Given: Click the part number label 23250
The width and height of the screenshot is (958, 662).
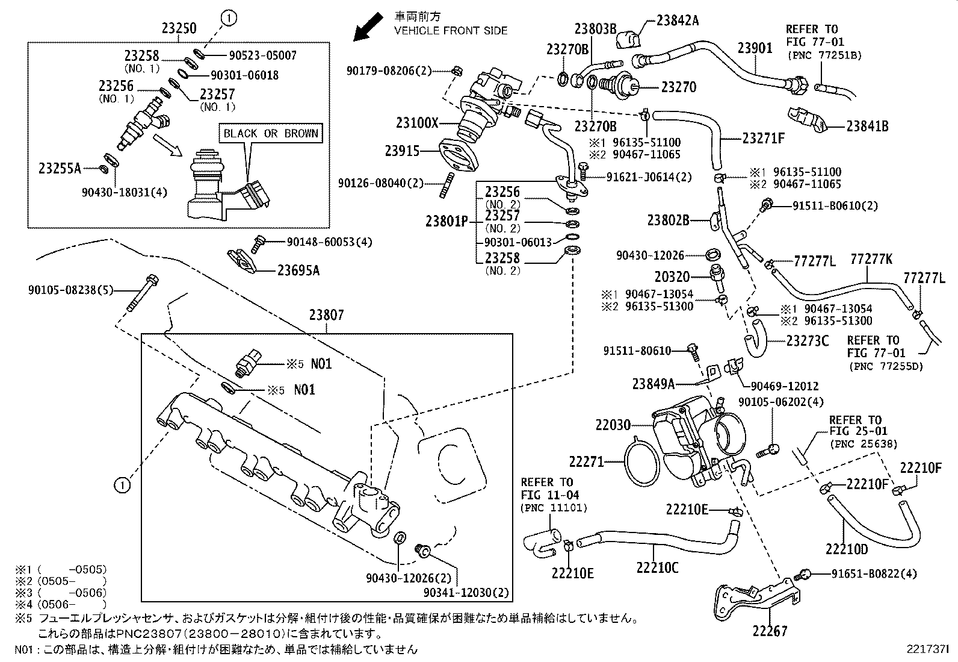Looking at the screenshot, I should pyautogui.click(x=179, y=28).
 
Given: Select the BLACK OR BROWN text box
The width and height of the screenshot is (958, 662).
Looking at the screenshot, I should pyautogui.click(x=270, y=134).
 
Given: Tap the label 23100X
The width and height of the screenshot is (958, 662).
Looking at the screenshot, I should pyautogui.click(x=417, y=123).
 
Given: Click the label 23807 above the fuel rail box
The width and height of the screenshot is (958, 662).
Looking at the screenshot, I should pyautogui.click(x=327, y=315).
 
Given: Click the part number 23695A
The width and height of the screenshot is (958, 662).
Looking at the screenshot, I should pyautogui.click(x=298, y=270).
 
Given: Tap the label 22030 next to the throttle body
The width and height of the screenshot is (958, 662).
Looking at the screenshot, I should pyautogui.click(x=613, y=425).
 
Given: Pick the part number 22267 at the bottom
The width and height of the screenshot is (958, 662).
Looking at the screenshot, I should pyautogui.click(x=769, y=631).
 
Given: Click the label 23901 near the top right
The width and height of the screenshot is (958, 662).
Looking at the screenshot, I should pyautogui.click(x=755, y=48).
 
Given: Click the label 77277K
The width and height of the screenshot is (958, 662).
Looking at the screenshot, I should pyautogui.click(x=871, y=260).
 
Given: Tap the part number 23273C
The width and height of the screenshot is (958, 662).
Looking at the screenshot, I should pyautogui.click(x=807, y=341).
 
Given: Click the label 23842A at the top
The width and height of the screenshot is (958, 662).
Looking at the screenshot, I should pyautogui.click(x=677, y=20).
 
